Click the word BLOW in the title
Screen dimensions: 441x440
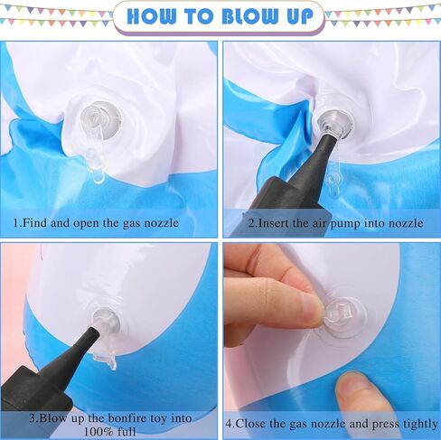(x=249, y=16)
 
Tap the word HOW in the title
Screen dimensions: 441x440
(x=151, y=16)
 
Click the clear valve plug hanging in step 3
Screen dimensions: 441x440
(x=106, y=359)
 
